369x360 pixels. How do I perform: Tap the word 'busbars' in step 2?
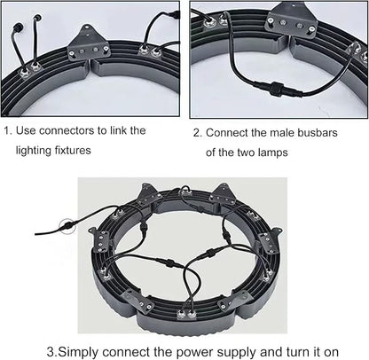pyautogui.click(x=318, y=133)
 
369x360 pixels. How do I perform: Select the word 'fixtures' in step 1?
pyautogui.click(x=73, y=150)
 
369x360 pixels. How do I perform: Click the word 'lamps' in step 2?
pyautogui.click(x=272, y=153)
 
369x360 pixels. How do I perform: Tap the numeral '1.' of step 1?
pyautogui.click(x=8, y=130)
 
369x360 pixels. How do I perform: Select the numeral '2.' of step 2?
pyautogui.click(x=198, y=133)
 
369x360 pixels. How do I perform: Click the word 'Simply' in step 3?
pyautogui.click(x=77, y=352)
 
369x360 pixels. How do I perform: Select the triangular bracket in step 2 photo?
pyautogui.click(x=291, y=20)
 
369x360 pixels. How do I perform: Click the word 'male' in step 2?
pyautogui.click(x=283, y=133)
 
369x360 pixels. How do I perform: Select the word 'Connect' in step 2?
pyautogui.click(x=227, y=133)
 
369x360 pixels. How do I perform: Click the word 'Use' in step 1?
pyautogui.click(x=26, y=130)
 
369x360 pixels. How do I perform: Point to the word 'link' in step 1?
pyautogui.click(x=118, y=130)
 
